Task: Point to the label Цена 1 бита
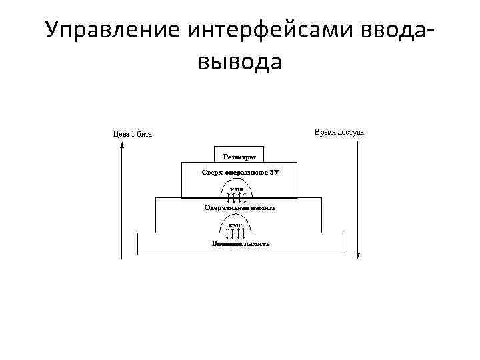tap(132, 134)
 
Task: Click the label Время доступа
tap(339, 132)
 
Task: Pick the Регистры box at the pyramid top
tap(239, 157)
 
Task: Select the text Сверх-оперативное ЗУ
tap(239, 173)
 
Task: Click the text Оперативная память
tap(239, 208)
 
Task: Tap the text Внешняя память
tap(240, 243)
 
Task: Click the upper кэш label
tap(237, 189)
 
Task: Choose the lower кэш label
tap(235, 225)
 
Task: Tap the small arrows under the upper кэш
tap(237, 195)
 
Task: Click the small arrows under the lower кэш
tap(236, 233)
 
